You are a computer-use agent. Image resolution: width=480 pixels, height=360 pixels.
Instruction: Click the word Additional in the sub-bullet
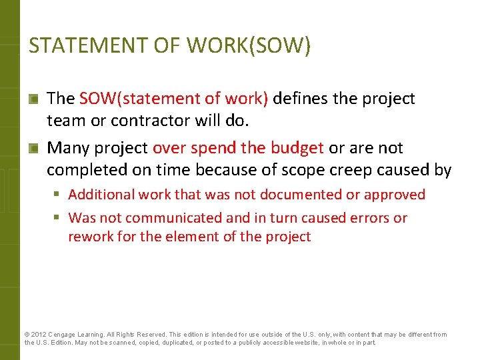(x=101, y=195)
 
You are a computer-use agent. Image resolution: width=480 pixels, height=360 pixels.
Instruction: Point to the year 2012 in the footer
(x=38, y=335)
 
